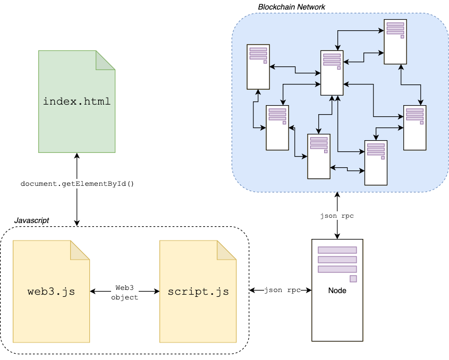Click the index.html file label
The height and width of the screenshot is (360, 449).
(x=77, y=101)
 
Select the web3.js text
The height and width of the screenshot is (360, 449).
(x=51, y=292)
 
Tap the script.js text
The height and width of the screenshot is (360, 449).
(x=198, y=292)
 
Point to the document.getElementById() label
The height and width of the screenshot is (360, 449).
(x=77, y=184)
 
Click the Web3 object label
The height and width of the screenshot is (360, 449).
(x=124, y=292)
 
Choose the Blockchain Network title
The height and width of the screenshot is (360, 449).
(x=291, y=7)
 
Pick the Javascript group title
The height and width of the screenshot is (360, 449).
(x=31, y=220)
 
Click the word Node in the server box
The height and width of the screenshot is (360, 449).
(x=337, y=290)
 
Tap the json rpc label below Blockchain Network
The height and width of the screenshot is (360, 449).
(x=337, y=216)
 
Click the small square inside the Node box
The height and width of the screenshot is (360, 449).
(x=353, y=279)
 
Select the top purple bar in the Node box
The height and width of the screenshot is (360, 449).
(x=337, y=250)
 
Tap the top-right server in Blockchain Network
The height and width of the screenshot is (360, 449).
(x=395, y=42)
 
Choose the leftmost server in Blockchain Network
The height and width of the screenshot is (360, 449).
(x=258, y=67)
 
